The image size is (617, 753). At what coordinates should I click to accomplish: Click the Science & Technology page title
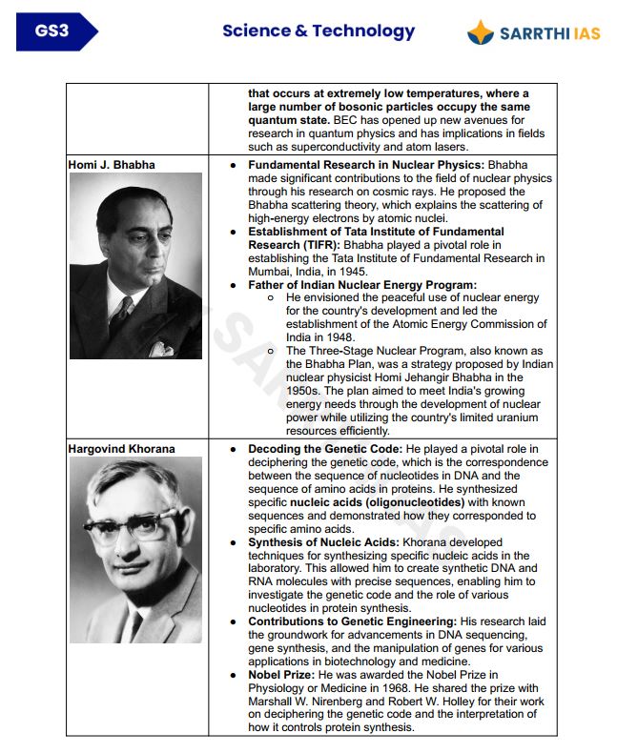coord(319,31)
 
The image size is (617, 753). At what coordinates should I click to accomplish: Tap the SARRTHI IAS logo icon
coord(481,33)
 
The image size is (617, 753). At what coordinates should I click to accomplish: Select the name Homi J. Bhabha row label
coord(112,165)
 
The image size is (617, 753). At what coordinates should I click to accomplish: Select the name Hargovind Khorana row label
coord(121,448)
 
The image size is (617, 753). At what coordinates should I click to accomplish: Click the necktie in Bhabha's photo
coord(121,307)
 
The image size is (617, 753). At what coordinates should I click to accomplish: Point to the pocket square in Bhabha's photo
coord(164,348)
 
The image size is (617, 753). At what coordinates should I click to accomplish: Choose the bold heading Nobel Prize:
coord(284,675)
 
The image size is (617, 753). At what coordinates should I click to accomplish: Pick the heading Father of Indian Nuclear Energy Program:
coord(361,285)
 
